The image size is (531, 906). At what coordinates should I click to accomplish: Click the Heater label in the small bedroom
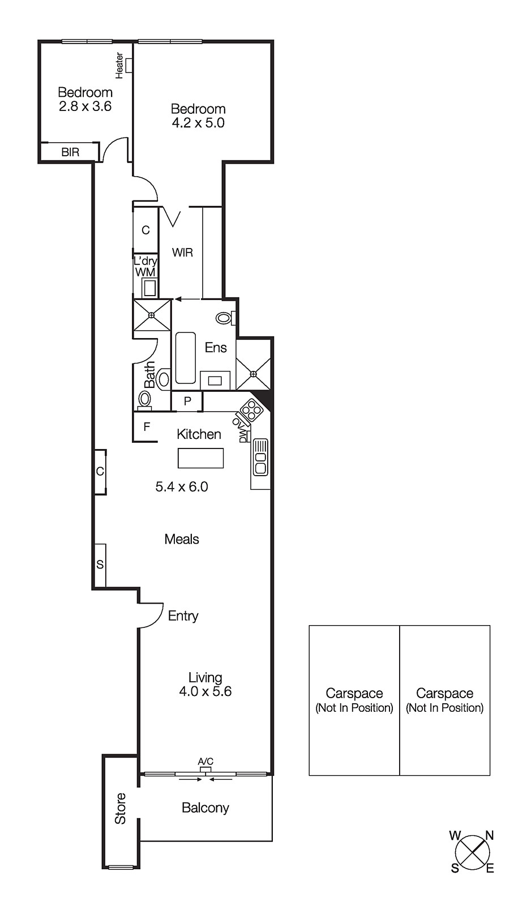(x=119, y=65)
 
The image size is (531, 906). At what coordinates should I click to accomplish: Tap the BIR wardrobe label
(x=70, y=152)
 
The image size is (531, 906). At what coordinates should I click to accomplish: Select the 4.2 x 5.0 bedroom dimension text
(x=198, y=123)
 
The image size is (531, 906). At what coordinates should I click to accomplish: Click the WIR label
(x=182, y=253)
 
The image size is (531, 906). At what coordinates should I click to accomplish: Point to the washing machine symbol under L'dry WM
(x=149, y=288)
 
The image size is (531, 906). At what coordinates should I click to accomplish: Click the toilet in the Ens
(x=225, y=318)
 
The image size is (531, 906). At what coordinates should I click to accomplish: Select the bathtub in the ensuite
(x=185, y=358)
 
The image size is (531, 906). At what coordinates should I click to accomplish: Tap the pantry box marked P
(x=187, y=401)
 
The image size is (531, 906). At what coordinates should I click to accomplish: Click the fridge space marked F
(x=146, y=427)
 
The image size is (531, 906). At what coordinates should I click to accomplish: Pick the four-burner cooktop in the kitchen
(x=251, y=410)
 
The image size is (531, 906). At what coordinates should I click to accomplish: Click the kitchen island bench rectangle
(x=200, y=458)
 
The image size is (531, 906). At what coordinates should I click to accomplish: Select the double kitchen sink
(x=260, y=456)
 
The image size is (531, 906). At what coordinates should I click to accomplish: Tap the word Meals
(x=182, y=539)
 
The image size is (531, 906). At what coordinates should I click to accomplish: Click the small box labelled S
(x=100, y=565)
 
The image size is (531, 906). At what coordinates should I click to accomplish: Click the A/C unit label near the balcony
(x=205, y=762)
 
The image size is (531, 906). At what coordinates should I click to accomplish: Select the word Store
(x=121, y=809)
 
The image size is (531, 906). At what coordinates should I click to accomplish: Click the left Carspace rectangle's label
(x=354, y=700)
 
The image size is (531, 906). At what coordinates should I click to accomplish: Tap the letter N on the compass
(x=490, y=835)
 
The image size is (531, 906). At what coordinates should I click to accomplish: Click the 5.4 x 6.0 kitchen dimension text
(x=182, y=487)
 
